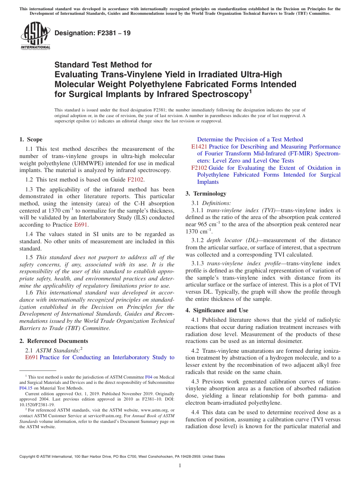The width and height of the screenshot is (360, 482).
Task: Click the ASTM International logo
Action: point(35,35)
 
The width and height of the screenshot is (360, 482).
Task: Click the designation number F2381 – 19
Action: point(92,33)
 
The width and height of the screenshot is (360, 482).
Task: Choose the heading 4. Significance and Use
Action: point(217,310)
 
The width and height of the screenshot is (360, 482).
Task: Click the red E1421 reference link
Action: point(199,147)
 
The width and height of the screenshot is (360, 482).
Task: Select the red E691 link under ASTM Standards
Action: point(31,357)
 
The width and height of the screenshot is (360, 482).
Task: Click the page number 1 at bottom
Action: point(180,466)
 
